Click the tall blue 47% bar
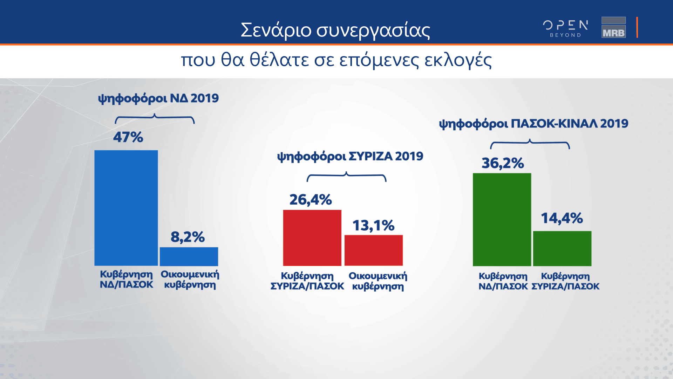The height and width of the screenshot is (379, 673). tap(126, 208)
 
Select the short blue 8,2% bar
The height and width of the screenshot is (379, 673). tap(189, 257)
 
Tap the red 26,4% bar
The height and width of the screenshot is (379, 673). tap(312, 238)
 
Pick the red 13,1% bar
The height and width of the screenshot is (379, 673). tap(373, 250)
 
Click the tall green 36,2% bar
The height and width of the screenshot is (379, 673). tap(502, 219)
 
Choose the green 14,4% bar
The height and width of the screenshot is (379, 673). tap(562, 248)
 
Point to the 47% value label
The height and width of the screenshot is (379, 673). tap(128, 137)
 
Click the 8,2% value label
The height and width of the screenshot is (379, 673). tap(188, 237)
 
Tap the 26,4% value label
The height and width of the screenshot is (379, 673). tap(311, 200)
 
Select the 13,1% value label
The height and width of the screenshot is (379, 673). tap(373, 225)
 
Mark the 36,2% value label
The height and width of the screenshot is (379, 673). tap(503, 163)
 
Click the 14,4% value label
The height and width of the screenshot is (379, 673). tap(562, 218)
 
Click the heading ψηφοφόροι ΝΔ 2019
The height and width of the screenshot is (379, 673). tap(158, 98)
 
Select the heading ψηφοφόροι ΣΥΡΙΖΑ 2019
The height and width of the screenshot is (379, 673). tap(350, 156)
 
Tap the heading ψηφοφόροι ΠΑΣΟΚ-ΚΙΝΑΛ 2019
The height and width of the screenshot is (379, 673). tap(533, 124)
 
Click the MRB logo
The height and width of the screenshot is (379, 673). tap(613, 27)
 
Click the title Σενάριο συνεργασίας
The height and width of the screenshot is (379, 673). tap(335, 30)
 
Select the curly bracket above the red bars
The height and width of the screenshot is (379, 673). tap(346, 177)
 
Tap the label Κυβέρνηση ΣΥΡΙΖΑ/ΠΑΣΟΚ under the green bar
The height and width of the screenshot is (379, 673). tap(565, 281)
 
